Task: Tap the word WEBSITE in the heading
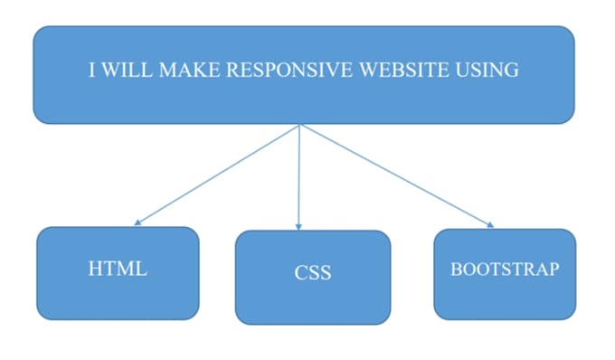coord(406,71)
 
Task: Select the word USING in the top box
coord(489,71)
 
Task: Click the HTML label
coord(118,269)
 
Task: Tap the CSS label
coord(312,271)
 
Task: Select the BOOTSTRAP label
coord(505,269)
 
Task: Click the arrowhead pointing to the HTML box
coord(137,222)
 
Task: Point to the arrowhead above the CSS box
coord(298,226)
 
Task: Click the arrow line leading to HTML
coord(217,174)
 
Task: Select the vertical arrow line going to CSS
coord(298,176)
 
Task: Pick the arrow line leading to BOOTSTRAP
coord(394,174)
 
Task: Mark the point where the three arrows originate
coord(299,125)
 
